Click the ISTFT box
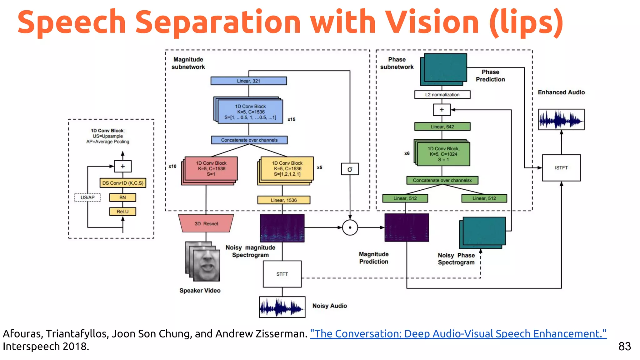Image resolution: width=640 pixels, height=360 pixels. (561, 168)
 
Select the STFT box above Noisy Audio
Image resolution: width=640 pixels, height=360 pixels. (282, 274)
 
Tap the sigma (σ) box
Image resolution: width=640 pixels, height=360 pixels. (350, 169)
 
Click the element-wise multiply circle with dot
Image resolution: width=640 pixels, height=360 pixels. (350, 227)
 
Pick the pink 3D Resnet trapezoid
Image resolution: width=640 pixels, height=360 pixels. (206, 223)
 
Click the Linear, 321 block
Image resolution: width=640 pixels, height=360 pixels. (248, 81)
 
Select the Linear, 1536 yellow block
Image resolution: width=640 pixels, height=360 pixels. (283, 200)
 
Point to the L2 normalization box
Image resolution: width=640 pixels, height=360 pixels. (442, 95)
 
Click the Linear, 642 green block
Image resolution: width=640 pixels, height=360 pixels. (442, 127)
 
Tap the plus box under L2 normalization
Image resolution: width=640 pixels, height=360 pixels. (442, 110)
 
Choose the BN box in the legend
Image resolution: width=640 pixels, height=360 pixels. (122, 197)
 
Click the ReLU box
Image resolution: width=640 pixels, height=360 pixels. (122, 212)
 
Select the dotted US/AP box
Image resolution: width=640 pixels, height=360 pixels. (87, 197)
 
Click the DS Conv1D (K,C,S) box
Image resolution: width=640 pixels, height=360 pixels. (123, 183)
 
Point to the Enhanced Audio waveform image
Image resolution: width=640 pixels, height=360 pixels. (561, 119)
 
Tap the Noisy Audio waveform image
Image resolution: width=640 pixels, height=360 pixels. (282, 307)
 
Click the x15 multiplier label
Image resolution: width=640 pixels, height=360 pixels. (291, 119)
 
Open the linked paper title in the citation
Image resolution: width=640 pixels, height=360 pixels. (458, 334)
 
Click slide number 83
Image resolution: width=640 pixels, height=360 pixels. (624, 346)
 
